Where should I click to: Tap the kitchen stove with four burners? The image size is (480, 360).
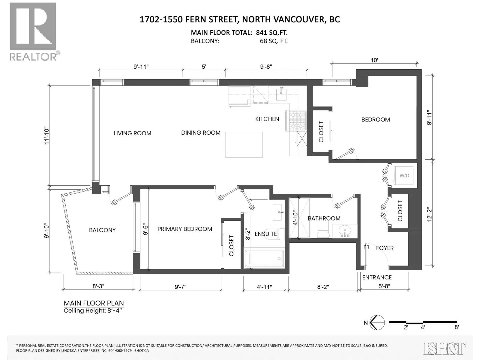[296, 121]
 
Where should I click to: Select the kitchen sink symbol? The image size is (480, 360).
[281, 94]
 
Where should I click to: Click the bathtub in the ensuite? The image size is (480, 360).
[264, 259]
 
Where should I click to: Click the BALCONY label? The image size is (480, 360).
[102, 230]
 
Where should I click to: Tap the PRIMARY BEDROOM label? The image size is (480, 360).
[185, 229]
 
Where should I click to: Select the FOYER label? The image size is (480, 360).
[385, 248]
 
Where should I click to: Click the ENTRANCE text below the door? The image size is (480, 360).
[377, 277]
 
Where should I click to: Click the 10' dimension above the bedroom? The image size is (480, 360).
[374, 60]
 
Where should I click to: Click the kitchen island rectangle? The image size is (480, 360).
[244, 145]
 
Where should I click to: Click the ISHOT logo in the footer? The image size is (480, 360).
[444, 349]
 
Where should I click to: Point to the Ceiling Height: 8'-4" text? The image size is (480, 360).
[94, 310]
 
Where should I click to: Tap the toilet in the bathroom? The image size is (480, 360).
[323, 232]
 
